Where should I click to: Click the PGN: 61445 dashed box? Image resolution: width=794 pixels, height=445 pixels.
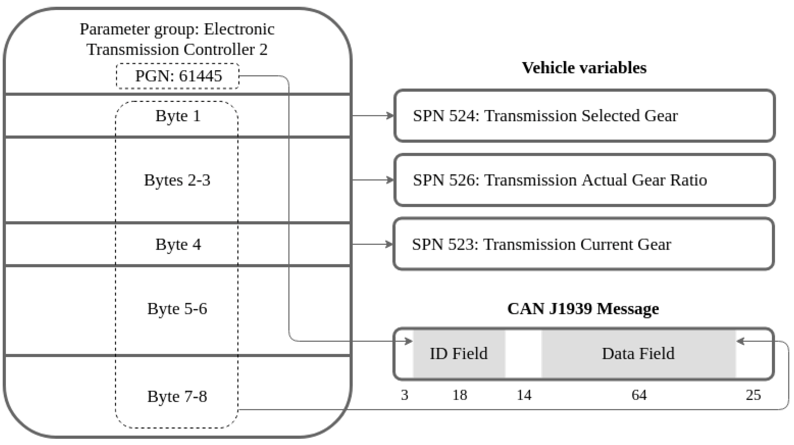(x=178, y=76)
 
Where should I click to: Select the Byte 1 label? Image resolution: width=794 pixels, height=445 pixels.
(x=178, y=116)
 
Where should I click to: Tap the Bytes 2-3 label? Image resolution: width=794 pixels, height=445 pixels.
(x=177, y=180)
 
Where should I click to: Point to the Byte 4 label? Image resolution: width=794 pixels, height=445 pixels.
(x=178, y=245)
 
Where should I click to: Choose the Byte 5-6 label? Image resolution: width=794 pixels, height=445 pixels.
(x=177, y=309)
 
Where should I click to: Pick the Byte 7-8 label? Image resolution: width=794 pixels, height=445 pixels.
(x=177, y=396)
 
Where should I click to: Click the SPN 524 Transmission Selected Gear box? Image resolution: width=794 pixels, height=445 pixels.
(x=584, y=116)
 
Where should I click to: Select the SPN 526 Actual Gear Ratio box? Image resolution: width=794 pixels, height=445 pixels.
(x=584, y=180)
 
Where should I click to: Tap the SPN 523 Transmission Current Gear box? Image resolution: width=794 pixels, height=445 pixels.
(x=584, y=244)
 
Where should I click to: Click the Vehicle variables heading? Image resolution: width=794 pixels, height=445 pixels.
(x=584, y=68)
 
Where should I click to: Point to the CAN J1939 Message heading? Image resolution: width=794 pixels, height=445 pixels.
(x=583, y=309)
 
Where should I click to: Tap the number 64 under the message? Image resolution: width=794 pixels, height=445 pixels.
(x=639, y=395)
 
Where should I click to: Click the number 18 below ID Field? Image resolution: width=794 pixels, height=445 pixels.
(x=460, y=395)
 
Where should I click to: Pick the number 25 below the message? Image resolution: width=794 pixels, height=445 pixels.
(x=753, y=395)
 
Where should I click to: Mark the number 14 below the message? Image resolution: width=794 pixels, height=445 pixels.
(x=524, y=395)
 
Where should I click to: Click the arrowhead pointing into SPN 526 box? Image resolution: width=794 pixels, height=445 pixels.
(x=391, y=180)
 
